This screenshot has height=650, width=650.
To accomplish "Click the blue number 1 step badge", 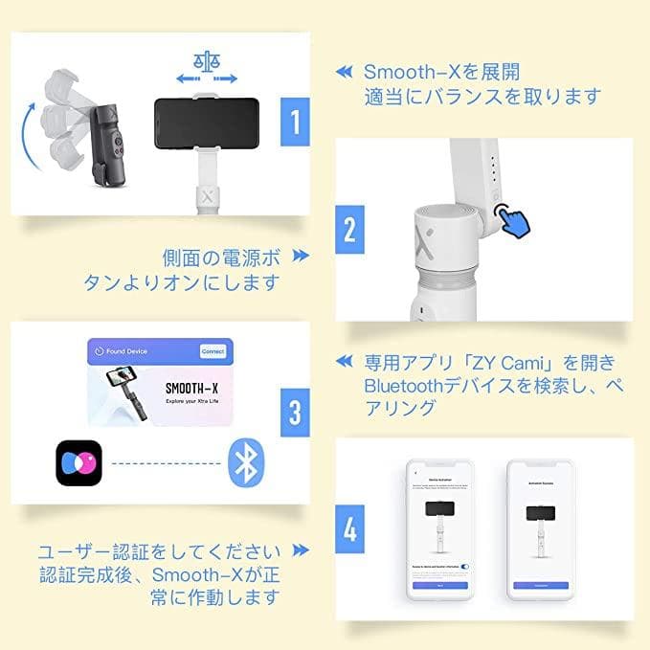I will pyautogui.click(x=295, y=122).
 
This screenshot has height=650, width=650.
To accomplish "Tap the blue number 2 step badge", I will pyautogui.click(x=350, y=230).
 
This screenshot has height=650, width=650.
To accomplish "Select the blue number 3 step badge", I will pyautogui.click(x=295, y=413).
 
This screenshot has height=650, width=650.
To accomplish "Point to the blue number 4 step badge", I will pyautogui.click(x=350, y=529).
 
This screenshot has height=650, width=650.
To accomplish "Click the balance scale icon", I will pyautogui.click(x=205, y=61).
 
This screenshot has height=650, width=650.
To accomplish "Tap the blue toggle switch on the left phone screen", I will pyautogui.click(x=464, y=567).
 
